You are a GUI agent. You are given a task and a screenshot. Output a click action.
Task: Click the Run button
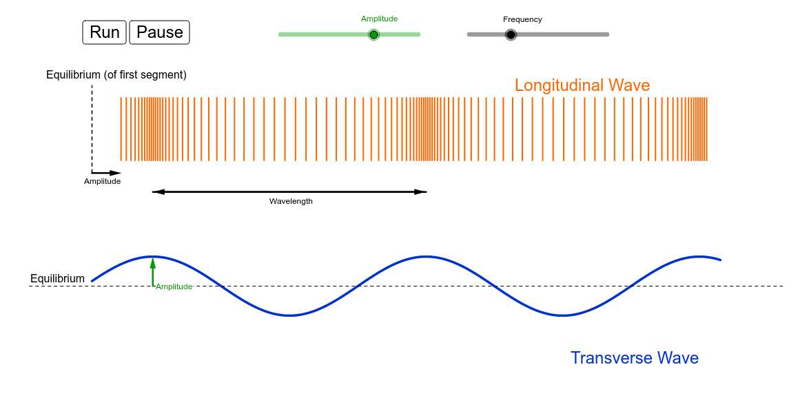(104, 32)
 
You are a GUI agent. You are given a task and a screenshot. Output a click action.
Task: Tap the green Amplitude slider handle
(374, 34)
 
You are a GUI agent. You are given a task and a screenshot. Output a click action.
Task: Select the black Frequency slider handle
(511, 34)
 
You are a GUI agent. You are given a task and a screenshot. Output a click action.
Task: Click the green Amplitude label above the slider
(379, 19)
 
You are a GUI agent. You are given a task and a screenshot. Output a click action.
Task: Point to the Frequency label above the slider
(522, 19)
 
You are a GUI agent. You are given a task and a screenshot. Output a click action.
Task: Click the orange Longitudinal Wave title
(582, 85)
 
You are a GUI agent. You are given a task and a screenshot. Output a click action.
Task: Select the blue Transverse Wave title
(635, 357)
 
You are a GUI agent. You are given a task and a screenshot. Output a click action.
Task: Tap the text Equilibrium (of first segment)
(116, 75)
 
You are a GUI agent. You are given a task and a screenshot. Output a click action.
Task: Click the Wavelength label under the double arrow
(291, 201)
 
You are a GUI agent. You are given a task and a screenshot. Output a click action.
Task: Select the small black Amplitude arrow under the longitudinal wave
(106, 173)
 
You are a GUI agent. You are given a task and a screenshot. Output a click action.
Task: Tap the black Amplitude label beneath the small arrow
(102, 181)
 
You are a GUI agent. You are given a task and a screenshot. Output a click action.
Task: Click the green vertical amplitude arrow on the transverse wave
(153, 271)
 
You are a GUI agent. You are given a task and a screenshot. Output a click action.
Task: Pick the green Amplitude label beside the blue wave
(174, 286)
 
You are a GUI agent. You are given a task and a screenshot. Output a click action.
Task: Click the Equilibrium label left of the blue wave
(57, 278)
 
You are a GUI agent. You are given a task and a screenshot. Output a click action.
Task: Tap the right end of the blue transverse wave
(720, 260)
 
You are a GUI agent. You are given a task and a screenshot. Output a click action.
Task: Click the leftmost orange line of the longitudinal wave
(121, 129)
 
